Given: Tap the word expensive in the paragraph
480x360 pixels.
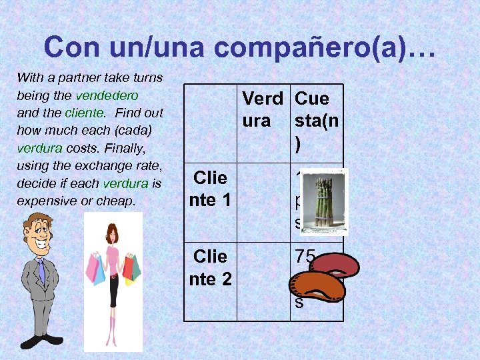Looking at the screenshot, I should coord(40,200).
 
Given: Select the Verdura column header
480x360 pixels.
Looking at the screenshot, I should coord(262,109).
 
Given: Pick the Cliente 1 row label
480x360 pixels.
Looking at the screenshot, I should coord(210,188).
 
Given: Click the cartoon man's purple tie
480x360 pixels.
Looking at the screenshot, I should coord(42,272).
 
